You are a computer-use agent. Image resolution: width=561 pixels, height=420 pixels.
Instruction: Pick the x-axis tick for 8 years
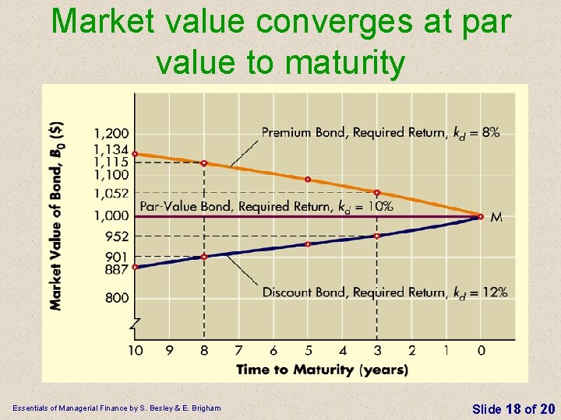point(204,351)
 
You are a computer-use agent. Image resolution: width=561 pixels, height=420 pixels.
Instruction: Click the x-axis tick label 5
point(308,351)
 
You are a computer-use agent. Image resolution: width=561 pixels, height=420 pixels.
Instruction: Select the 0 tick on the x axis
point(481,351)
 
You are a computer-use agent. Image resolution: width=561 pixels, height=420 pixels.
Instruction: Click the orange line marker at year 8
point(204,163)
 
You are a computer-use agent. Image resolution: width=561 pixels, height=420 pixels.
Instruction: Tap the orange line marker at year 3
point(377,193)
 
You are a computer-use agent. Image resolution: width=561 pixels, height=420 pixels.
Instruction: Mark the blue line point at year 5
point(308,244)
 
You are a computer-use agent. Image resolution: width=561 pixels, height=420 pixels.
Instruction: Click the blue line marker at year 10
point(135,267)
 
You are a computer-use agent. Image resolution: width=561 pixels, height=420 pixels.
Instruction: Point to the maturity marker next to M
point(481,217)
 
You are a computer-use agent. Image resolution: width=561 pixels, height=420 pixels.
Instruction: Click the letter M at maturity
point(496,218)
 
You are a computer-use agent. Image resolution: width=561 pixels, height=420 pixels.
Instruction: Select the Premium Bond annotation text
point(380,132)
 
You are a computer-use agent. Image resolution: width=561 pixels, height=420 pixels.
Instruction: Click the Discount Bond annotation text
point(384,292)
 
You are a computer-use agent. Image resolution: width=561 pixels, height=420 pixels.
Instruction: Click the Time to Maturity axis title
point(322,369)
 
